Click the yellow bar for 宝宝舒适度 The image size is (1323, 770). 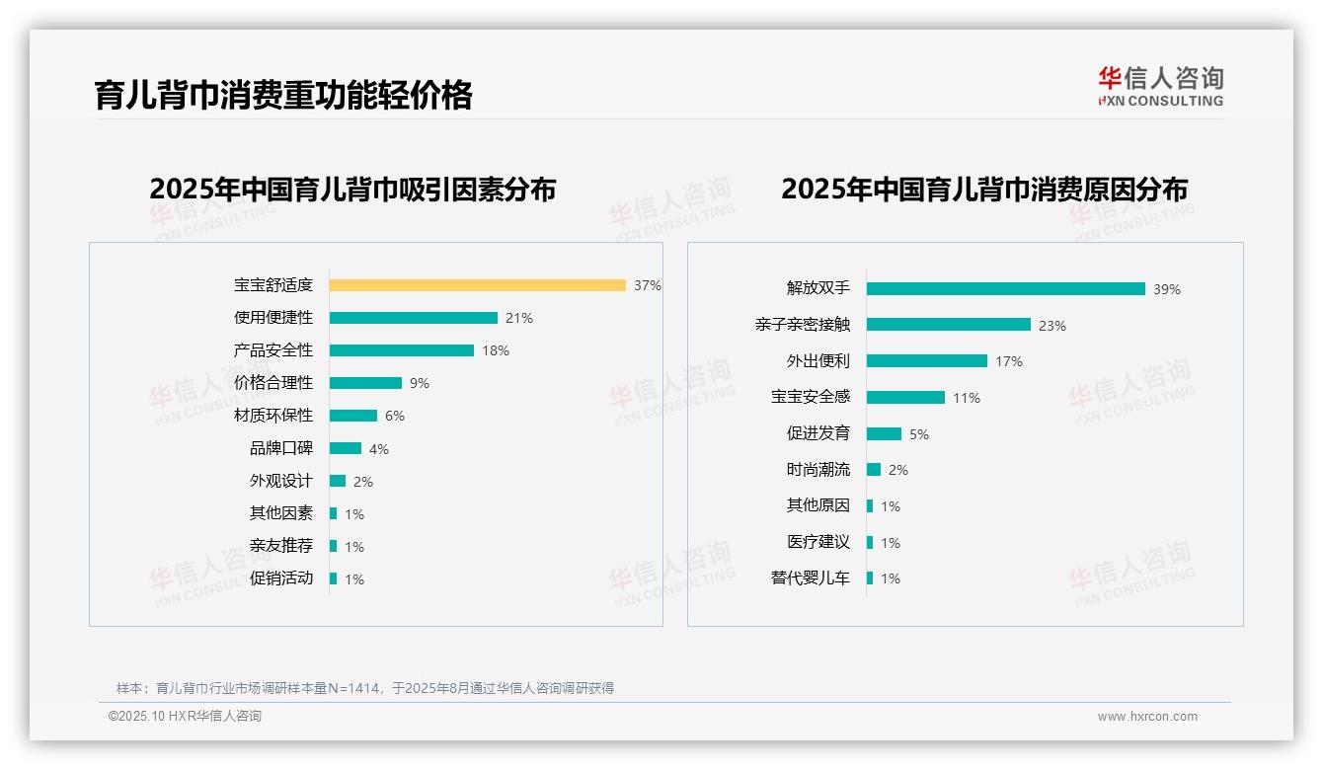[x=477, y=285]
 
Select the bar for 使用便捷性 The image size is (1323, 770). [x=413, y=318]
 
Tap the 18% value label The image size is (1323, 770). [x=496, y=350]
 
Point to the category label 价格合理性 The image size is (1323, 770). [x=273, y=383]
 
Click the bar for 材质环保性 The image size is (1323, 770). [x=352, y=416]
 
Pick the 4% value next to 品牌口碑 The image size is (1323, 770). [x=379, y=449]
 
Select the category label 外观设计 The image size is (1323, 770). [x=280, y=481]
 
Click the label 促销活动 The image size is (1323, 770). [x=280, y=578]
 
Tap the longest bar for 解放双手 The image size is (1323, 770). [x=1005, y=289]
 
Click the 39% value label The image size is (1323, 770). [x=1167, y=289]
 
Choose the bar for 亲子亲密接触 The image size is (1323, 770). [x=948, y=325]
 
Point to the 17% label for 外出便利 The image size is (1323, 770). [x=1009, y=361]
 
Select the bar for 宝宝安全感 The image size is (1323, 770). [x=905, y=398]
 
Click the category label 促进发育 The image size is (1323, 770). [x=817, y=433]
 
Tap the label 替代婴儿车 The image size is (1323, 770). [x=810, y=578]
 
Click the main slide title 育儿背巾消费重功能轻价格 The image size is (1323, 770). [x=283, y=95]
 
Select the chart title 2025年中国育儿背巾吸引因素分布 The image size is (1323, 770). [x=352, y=189]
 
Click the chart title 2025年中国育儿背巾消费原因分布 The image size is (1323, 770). [x=984, y=189]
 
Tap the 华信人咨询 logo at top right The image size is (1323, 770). [x=1160, y=86]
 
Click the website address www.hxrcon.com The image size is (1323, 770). [x=1147, y=717]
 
